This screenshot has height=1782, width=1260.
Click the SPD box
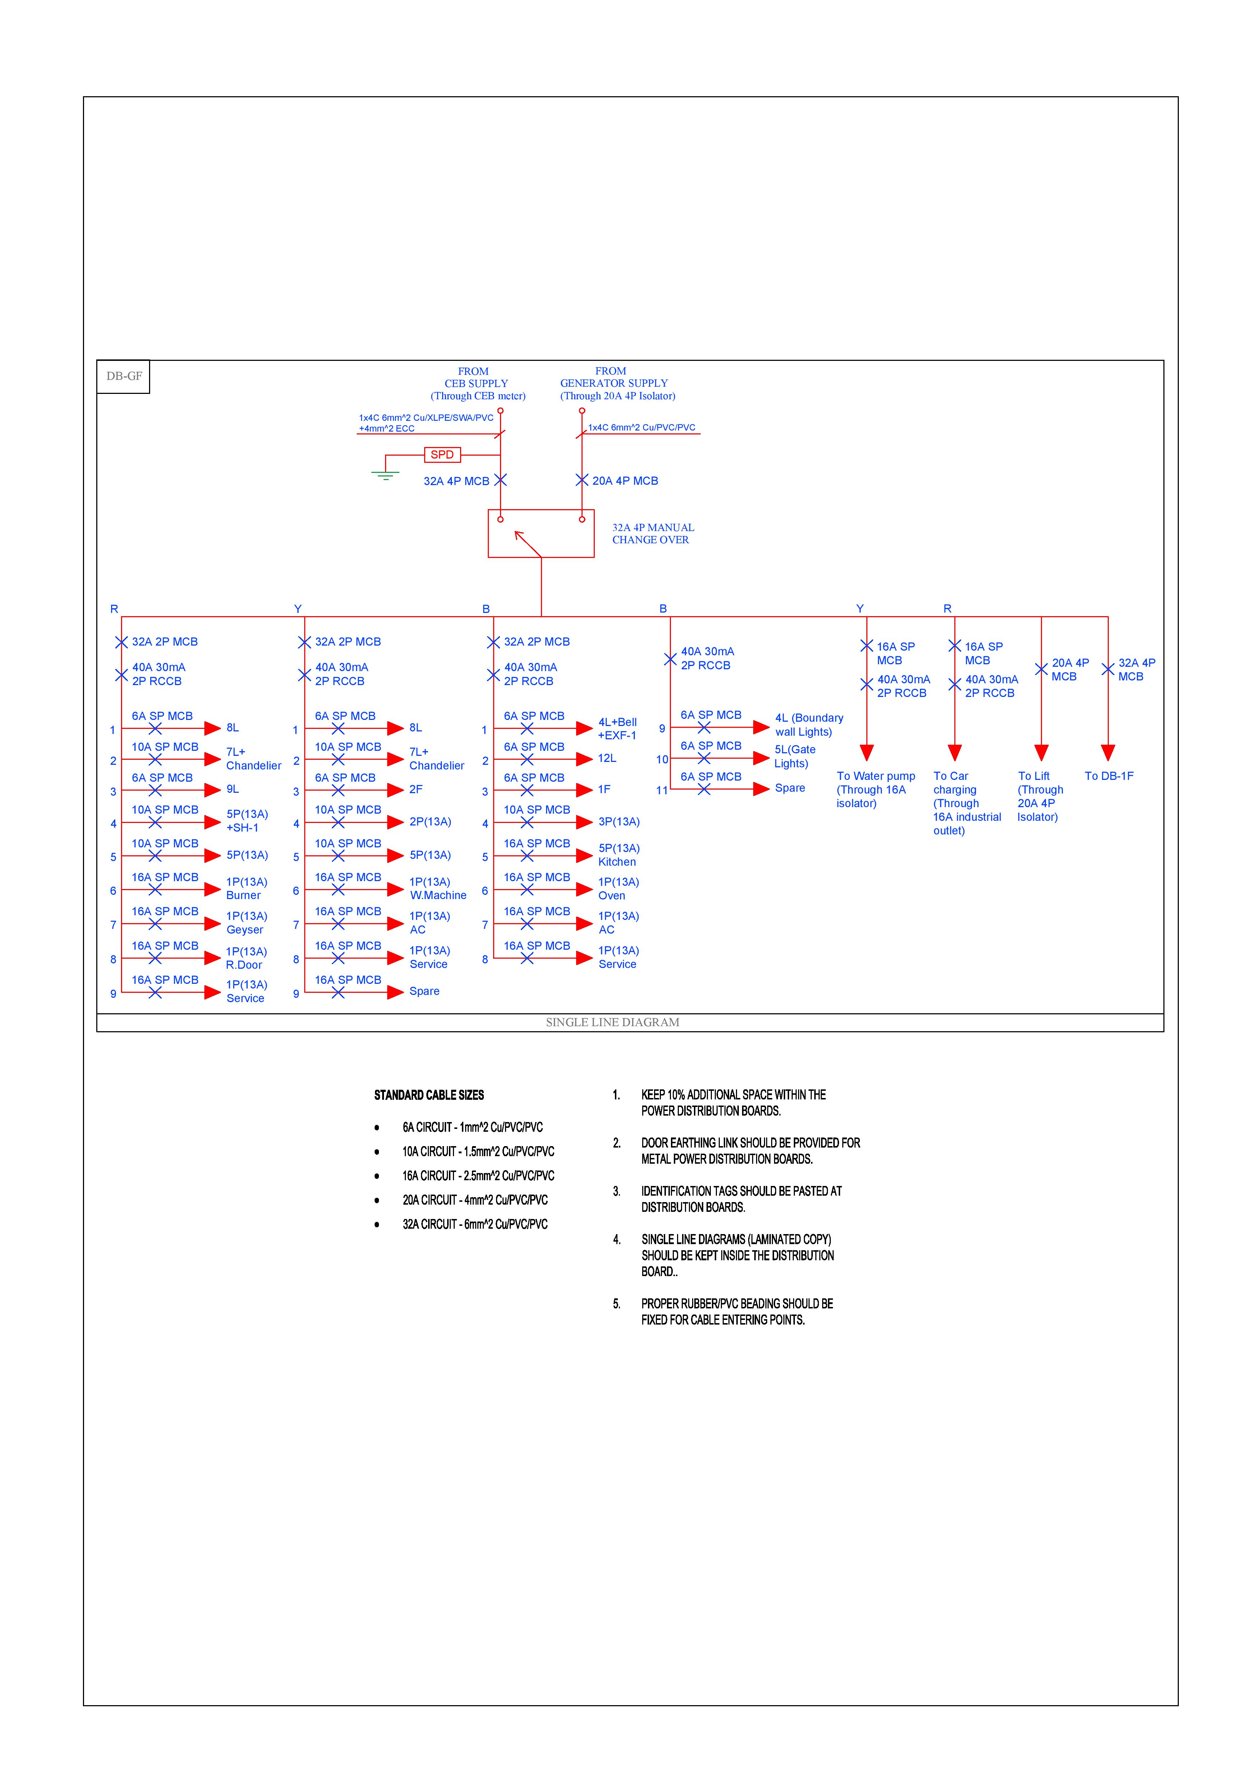click(442, 455)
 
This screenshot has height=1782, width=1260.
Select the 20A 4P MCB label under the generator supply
click(625, 481)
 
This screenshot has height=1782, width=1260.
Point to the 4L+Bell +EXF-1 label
click(617, 729)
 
